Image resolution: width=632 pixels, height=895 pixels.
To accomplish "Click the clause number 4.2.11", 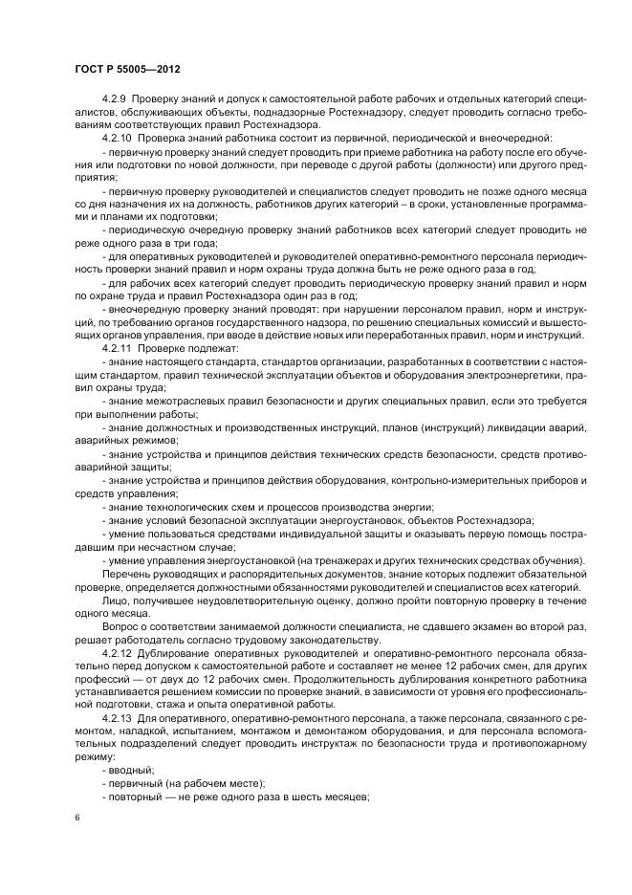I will click(x=116, y=349).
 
